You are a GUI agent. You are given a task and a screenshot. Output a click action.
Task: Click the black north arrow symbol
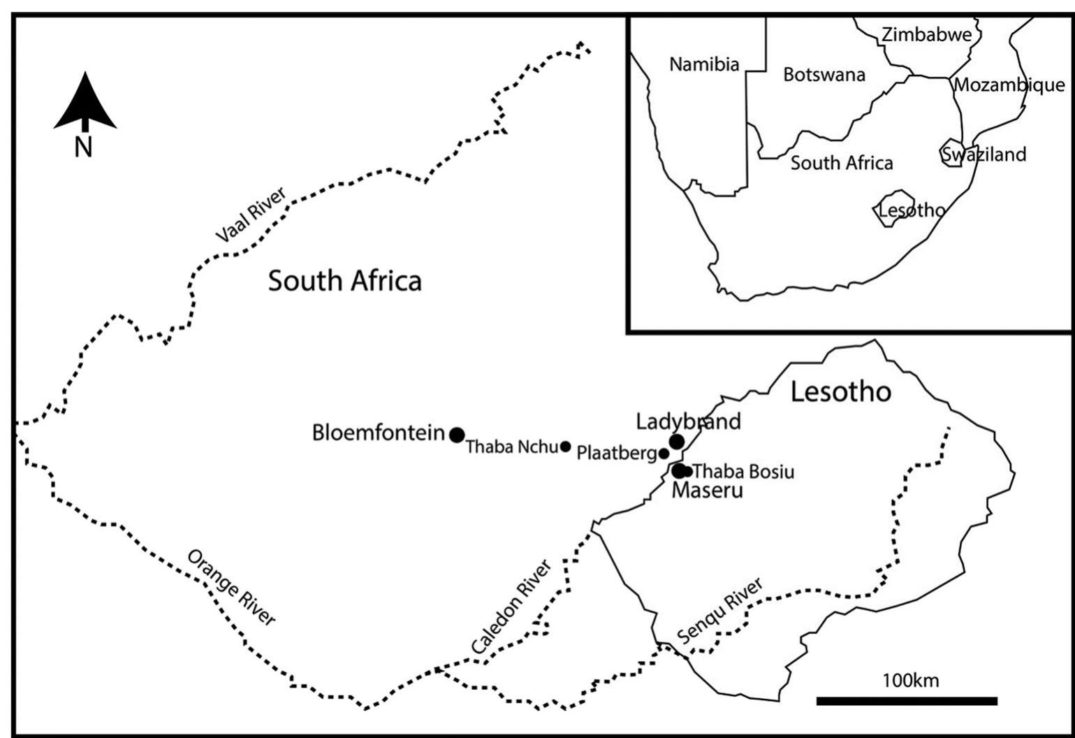(x=85, y=103)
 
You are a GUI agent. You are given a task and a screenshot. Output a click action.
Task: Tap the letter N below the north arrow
(x=84, y=147)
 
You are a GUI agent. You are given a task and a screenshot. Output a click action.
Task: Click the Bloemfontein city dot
(x=457, y=435)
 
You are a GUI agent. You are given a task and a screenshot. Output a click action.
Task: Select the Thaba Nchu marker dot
(x=566, y=447)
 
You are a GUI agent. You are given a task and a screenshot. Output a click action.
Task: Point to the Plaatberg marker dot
(x=664, y=454)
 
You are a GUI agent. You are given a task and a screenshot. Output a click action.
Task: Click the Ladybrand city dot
(x=676, y=441)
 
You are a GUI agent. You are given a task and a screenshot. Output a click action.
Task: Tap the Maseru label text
(x=707, y=490)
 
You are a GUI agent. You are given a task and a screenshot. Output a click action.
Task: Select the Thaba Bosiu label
(x=743, y=472)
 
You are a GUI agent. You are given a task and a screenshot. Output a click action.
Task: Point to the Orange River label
(x=231, y=588)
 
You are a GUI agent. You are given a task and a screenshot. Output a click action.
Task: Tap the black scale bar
(x=907, y=701)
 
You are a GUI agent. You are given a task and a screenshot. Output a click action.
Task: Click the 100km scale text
(x=910, y=680)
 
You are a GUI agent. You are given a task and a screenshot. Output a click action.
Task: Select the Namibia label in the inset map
(x=704, y=65)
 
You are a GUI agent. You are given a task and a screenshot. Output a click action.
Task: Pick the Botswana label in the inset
(x=824, y=75)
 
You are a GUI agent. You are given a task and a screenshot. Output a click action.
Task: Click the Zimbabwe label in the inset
(x=926, y=34)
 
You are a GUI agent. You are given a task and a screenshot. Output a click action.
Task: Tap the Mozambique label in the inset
(x=1009, y=85)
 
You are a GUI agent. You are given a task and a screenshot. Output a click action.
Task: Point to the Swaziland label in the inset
(x=983, y=154)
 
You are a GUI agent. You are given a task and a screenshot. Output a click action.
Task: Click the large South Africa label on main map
(x=345, y=281)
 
